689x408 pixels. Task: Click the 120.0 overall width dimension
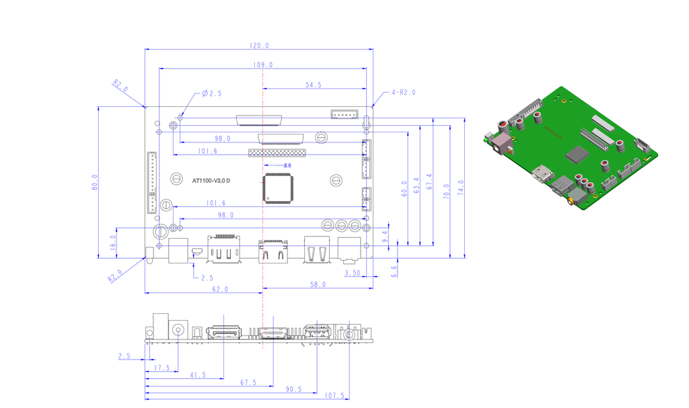259,46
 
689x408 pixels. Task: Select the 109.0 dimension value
262,65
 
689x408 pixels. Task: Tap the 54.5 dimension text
314,85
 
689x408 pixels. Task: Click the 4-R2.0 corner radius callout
404,93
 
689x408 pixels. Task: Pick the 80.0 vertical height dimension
95,181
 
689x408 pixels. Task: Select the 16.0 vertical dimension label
113,241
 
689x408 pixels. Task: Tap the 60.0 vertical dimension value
404,188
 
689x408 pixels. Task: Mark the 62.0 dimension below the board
220,289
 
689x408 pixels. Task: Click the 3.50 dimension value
352,274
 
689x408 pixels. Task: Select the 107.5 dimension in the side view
334,396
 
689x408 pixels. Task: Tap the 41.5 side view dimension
197,375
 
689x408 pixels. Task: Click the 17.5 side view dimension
162,368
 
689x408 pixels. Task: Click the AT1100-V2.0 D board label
211,181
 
